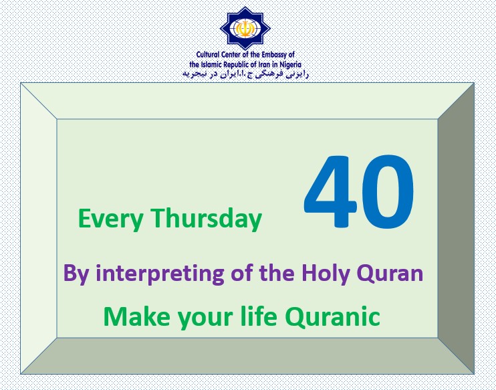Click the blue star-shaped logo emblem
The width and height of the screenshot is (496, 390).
(x=245, y=28)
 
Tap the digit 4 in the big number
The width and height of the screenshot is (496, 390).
(x=331, y=191)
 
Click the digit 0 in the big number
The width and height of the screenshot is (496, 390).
(x=388, y=191)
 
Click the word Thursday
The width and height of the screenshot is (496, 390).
(x=207, y=219)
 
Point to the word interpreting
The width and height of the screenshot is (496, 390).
(x=160, y=274)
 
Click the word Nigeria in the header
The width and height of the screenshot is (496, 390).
(x=290, y=65)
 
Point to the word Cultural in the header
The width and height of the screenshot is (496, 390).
(x=208, y=54)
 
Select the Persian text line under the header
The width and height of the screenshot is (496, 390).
(x=245, y=74)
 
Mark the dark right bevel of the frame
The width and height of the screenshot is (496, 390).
(x=456, y=228)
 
